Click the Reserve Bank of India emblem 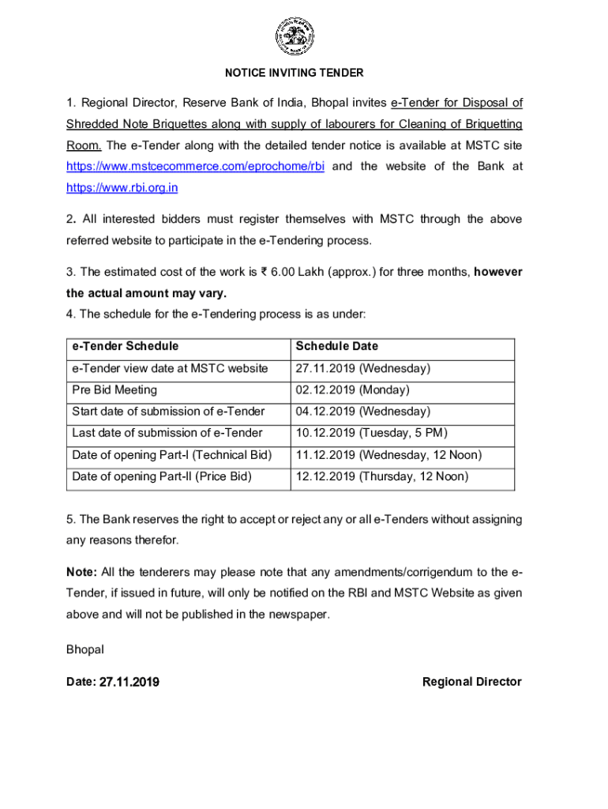point(294,36)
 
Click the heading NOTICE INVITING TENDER point(294,73)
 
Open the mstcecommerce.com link point(195,167)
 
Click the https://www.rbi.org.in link point(122,188)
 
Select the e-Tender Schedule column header point(125,346)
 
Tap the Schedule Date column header point(336,346)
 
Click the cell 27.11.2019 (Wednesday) point(362,368)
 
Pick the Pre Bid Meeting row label point(114,389)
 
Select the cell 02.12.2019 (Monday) point(352,389)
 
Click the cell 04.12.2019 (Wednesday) point(362,412)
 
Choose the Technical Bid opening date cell point(388,455)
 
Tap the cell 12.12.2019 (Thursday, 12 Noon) point(381,476)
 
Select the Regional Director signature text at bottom point(471,682)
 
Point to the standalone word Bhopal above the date point(85,649)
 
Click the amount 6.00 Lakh point(303,272)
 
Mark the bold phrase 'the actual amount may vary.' point(141,292)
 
